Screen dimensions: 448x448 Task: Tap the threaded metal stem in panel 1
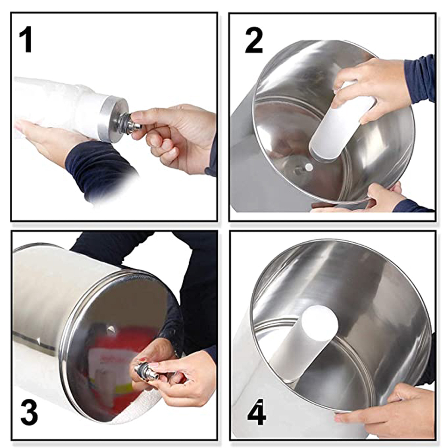pyautogui.click(x=133, y=120)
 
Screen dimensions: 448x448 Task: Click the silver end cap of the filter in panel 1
pyautogui.click(x=114, y=120)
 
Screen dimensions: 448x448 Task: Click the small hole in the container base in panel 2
pyautogui.click(x=309, y=166)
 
